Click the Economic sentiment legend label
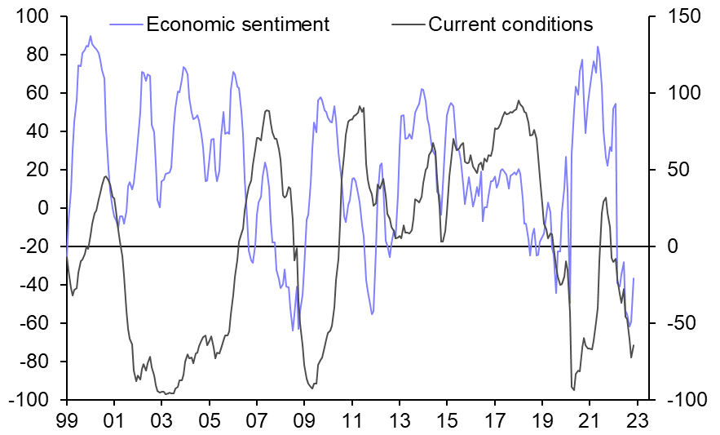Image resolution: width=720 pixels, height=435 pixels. (237, 24)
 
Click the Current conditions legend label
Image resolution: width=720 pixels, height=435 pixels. (510, 24)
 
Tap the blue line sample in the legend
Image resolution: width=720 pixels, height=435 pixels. (126, 24)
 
